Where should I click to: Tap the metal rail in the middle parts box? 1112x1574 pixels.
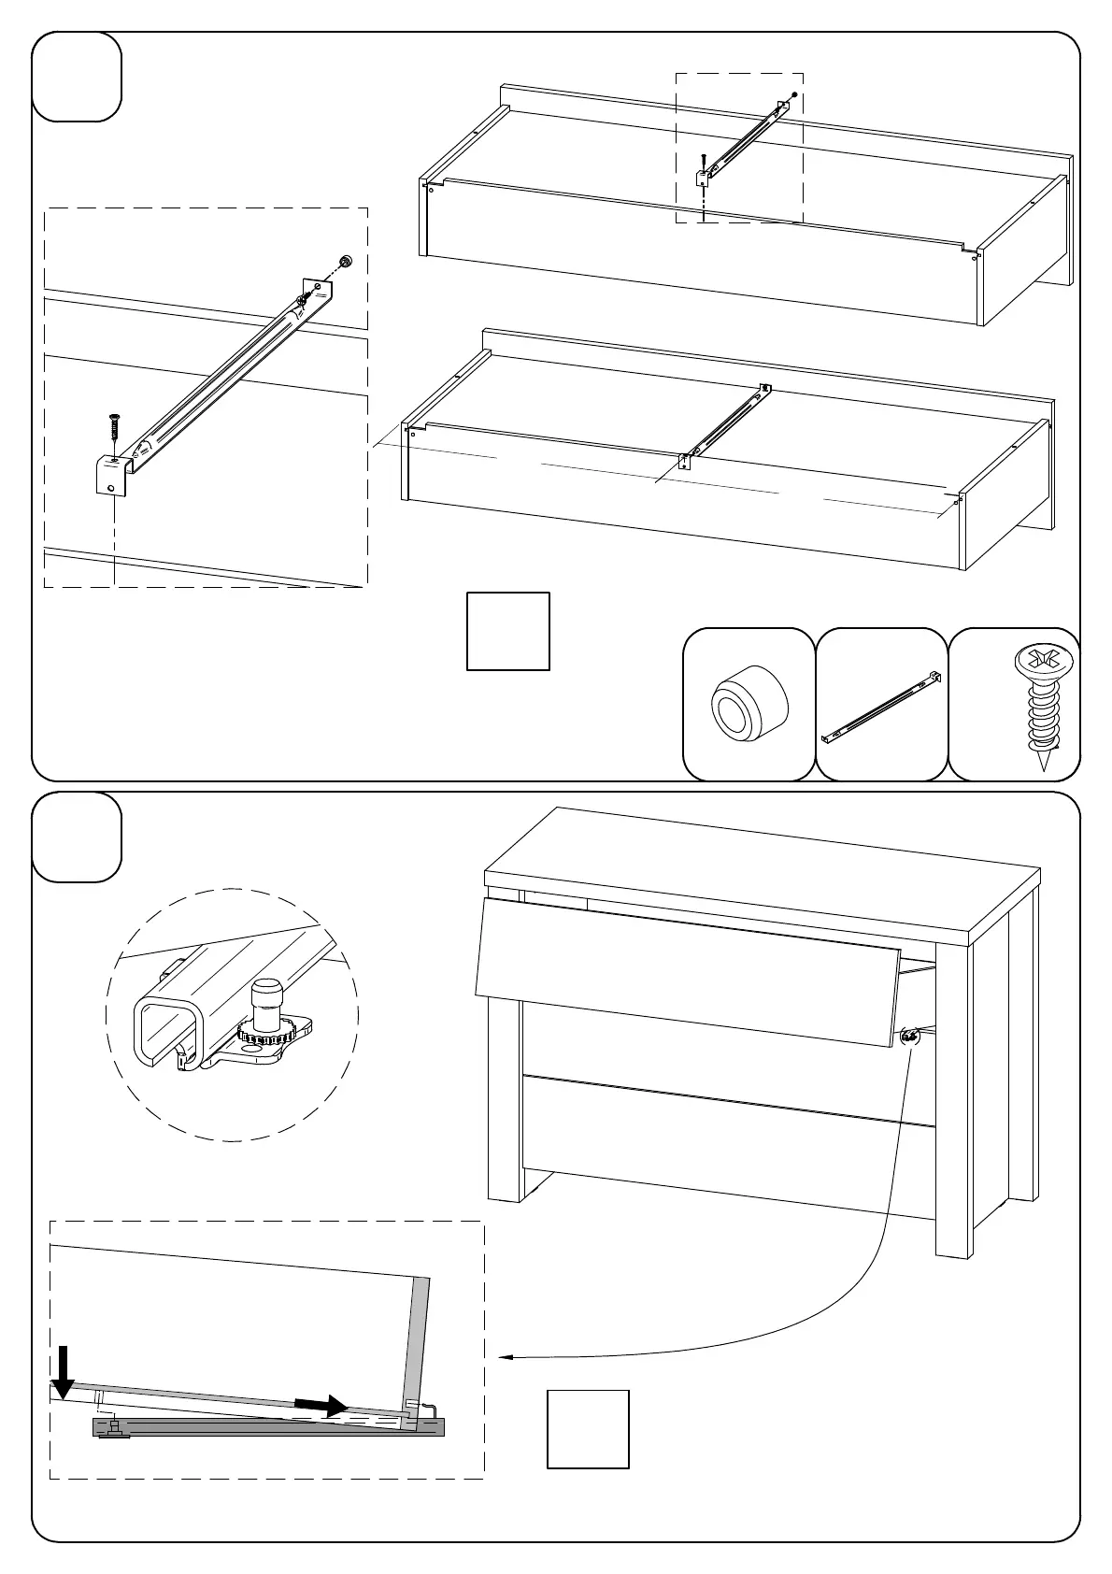[881, 706]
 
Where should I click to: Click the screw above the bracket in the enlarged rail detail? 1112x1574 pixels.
[115, 430]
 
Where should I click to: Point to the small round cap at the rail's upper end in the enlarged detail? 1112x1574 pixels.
[345, 262]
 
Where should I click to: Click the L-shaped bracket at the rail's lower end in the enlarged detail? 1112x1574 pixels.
[110, 475]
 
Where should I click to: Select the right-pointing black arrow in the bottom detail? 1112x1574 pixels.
[321, 1405]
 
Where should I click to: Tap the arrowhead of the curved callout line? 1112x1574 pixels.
[503, 1357]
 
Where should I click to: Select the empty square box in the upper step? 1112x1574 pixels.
[508, 631]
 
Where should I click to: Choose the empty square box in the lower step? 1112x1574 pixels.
[588, 1429]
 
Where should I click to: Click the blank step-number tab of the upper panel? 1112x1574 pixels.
[77, 77]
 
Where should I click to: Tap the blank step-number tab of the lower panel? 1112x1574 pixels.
[77, 837]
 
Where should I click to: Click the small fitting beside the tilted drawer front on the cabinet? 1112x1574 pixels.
[908, 1035]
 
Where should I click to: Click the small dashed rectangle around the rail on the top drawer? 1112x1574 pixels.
[739, 148]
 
